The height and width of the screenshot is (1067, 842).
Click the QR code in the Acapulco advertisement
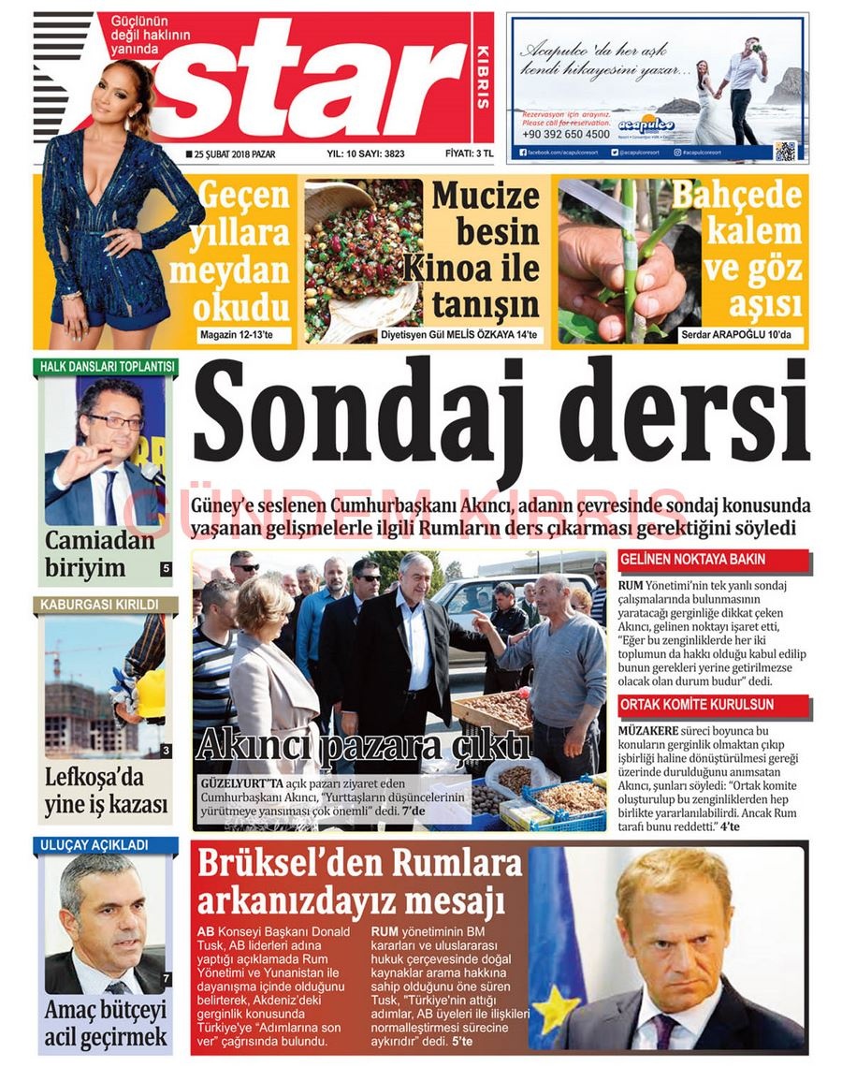pos(786,150)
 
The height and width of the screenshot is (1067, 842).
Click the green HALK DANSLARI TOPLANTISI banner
pos(105,366)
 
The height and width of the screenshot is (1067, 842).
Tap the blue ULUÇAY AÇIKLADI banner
pos(105,845)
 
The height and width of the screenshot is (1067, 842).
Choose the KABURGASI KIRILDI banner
pos(105,605)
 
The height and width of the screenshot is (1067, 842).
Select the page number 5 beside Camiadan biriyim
pos(166,568)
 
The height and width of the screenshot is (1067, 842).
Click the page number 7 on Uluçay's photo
pos(166,979)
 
